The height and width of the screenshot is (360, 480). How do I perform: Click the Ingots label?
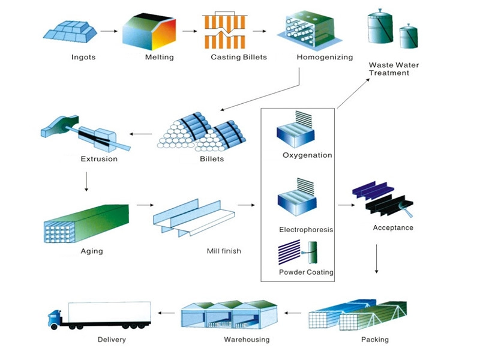[x=83, y=58]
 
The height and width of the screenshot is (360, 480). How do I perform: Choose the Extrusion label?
[x=99, y=159]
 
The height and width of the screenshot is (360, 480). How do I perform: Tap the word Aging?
[x=92, y=251]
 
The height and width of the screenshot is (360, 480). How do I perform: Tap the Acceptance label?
[x=393, y=227]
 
